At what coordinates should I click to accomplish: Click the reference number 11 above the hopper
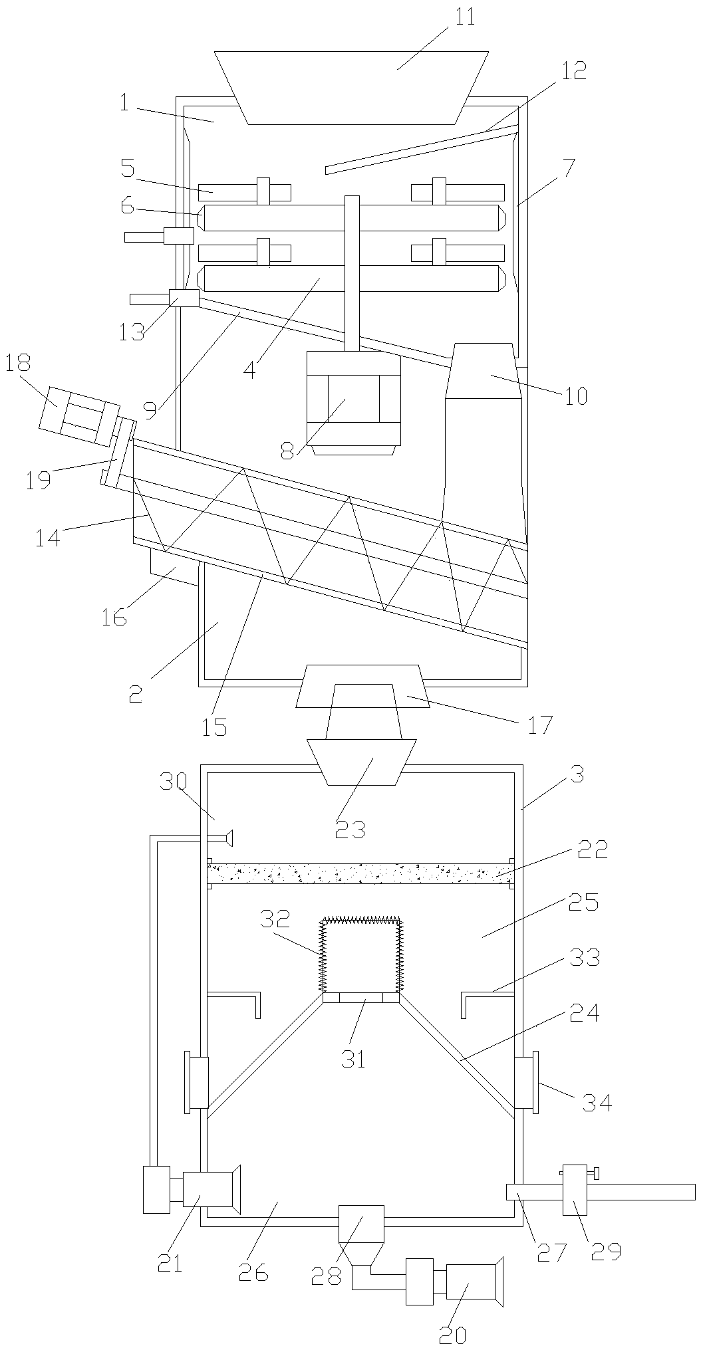(466, 17)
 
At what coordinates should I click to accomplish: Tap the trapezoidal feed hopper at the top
(352, 86)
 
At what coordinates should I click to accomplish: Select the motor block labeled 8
(353, 399)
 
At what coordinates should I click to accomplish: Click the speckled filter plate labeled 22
(359, 873)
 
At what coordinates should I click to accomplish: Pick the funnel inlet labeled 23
(362, 761)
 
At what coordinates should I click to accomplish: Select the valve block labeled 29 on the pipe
(575, 1189)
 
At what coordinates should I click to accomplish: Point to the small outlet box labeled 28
(361, 1223)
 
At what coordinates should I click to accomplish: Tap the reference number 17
(540, 724)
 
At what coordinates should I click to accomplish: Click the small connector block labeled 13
(184, 298)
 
